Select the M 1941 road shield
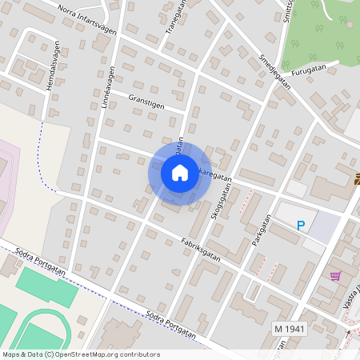pos(290,329)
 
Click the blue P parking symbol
pos(301,226)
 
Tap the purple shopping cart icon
pos(334,276)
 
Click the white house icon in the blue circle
pos(179,173)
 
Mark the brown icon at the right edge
pos(356,180)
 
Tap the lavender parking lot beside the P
pos(323,228)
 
